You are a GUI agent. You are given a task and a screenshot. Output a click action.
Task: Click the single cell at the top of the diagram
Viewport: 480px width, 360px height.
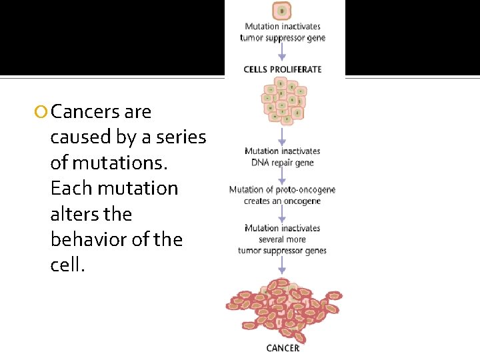pos(282,11)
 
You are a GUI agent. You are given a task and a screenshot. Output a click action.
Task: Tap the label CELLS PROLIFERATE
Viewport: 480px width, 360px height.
pos(283,69)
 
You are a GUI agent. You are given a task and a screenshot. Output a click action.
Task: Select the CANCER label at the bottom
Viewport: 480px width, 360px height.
pos(283,348)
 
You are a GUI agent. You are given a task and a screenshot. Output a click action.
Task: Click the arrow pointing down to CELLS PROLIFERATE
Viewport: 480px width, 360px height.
pos(282,53)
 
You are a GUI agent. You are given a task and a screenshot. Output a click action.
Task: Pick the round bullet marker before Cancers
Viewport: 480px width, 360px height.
pos(43,113)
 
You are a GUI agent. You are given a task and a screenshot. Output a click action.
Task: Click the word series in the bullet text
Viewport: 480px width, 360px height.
pos(179,137)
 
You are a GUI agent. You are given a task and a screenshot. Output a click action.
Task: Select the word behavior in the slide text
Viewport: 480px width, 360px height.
pos(89,239)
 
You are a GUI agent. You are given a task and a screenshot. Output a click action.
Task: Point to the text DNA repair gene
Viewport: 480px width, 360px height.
pos(283,163)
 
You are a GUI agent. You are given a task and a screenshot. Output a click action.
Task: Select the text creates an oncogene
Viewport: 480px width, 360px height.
pos(283,201)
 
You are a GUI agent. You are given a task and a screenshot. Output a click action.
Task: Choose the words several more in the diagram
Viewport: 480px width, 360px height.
pos(283,239)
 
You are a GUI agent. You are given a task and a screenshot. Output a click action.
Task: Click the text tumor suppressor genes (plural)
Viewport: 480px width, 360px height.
pos(283,251)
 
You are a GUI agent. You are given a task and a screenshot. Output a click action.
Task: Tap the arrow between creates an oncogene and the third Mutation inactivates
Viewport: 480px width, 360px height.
pos(282,214)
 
